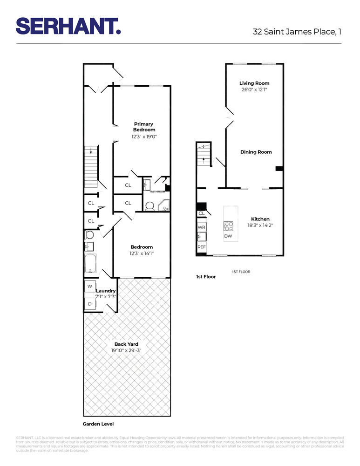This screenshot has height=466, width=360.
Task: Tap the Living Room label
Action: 254,83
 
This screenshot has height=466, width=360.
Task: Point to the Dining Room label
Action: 256,152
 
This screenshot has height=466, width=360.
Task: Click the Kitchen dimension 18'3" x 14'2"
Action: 260,225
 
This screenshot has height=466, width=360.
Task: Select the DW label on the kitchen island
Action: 228,236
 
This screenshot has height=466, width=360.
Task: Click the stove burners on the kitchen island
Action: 229,226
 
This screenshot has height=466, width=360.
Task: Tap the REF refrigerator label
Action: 202,247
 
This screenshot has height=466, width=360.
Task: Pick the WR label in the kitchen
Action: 202,227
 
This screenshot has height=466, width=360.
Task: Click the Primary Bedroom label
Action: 144,127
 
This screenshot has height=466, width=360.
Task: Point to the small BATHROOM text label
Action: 157,192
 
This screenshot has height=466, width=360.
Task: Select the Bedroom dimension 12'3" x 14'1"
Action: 142,254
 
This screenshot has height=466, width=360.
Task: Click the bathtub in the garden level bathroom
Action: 90,264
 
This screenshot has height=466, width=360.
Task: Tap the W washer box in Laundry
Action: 89,286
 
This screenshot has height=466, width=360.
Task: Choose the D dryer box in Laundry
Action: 89,304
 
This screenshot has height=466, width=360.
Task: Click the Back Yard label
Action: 126,344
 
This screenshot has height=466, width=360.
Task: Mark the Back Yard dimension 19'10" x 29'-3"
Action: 126,350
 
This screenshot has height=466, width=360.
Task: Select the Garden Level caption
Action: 98,424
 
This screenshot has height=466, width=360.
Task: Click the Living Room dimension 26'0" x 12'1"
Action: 254,89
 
